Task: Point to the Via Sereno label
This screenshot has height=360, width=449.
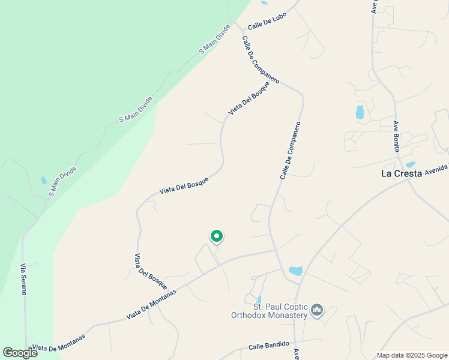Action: coord(23,279)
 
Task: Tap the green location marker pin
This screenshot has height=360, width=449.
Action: coord(217,236)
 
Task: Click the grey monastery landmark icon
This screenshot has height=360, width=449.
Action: coord(318,310)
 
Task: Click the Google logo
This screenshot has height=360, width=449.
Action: coord(20,353)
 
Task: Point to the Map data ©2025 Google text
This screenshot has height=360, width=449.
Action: coord(412,355)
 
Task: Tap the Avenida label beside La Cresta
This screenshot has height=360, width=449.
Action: coord(436,169)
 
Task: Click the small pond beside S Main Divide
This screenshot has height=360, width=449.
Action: coord(43,180)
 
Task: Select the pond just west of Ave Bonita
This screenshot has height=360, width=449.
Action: coord(360,112)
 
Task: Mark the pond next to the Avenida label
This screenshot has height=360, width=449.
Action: coord(411,164)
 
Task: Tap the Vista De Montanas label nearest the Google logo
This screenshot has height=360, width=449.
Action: coord(58,343)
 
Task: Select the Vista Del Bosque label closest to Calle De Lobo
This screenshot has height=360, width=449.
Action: coord(249,98)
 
